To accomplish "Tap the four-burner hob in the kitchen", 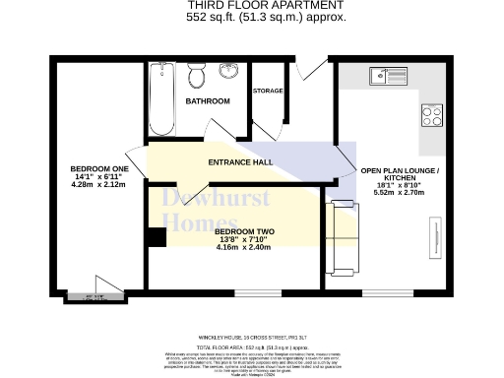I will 432,114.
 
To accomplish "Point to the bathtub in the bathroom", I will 160,98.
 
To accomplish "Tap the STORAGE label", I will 268,91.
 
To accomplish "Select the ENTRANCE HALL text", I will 239,162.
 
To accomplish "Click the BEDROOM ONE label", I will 99,169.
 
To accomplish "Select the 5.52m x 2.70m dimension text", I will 400,194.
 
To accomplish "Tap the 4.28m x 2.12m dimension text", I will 99,184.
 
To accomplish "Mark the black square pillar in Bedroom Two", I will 155,237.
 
